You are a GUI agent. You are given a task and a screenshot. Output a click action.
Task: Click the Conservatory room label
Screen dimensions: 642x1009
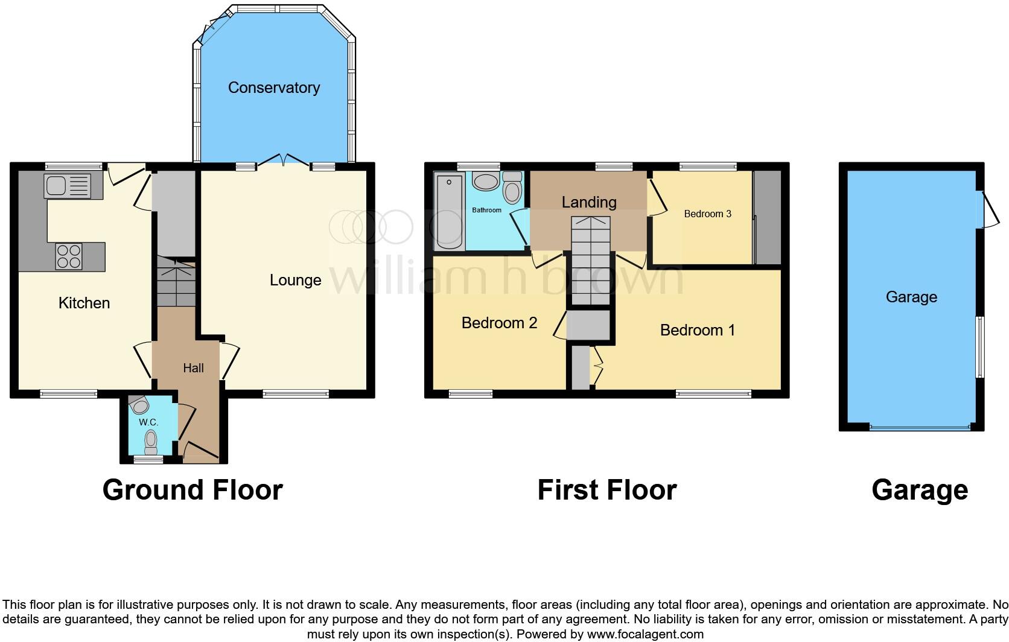pyautogui.click(x=273, y=87)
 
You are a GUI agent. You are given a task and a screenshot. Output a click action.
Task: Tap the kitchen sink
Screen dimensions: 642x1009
pyautogui.click(x=66, y=185)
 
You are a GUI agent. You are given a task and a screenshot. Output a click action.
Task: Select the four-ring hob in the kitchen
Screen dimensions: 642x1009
pyautogui.click(x=69, y=256)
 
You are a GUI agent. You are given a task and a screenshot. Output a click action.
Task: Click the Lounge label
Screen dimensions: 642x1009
pyautogui.click(x=295, y=280)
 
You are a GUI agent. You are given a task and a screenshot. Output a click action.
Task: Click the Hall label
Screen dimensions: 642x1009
pyautogui.click(x=193, y=368)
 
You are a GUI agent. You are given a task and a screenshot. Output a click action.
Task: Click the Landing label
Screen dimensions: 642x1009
pyautogui.click(x=589, y=202)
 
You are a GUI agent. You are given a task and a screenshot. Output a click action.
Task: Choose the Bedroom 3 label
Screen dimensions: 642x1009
pyautogui.click(x=707, y=214)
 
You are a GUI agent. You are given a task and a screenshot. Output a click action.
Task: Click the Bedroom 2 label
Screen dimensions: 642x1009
pyautogui.click(x=499, y=323)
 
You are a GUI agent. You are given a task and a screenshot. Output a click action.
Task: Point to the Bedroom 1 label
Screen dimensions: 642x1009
pyautogui.click(x=697, y=330)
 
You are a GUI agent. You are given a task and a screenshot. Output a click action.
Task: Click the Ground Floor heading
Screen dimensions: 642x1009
pyautogui.click(x=193, y=490)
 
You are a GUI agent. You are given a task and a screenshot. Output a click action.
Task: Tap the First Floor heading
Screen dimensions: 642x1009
pyautogui.click(x=606, y=490)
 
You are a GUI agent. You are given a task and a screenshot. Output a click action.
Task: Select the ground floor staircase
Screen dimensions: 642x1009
pyautogui.click(x=177, y=282)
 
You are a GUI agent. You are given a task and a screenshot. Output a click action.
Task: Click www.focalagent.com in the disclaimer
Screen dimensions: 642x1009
pyautogui.click(x=645, y=634)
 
